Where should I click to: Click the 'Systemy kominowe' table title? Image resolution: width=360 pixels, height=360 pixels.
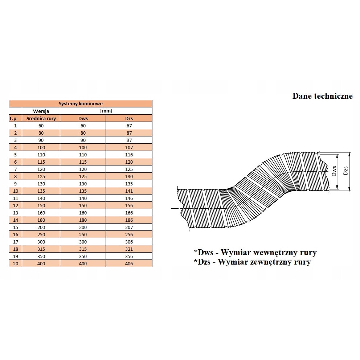click(x=81, y=103)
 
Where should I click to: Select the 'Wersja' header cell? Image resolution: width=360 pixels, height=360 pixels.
click(x=41, y=111)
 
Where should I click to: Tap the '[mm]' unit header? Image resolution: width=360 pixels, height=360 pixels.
click(x=106, y=111)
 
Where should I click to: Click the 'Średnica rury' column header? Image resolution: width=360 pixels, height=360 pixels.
click(x=41, y=118)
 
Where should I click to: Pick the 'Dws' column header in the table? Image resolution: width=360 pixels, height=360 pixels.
click(x=83, y=118)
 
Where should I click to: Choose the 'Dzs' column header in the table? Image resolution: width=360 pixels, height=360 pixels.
click(x=129, y=118)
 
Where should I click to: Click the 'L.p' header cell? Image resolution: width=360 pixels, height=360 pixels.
click(x=13, y=119)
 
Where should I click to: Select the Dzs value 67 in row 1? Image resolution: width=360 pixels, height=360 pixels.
click(x=129, y=126)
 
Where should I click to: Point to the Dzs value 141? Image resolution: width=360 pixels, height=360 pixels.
click(x=129, y=191)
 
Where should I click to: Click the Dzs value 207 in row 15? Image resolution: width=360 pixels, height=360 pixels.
click(x=129, y=227)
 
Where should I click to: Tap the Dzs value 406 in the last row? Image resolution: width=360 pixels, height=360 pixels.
click(x=129, y=263)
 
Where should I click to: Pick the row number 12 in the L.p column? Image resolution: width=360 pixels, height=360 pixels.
click(x=15, y=205)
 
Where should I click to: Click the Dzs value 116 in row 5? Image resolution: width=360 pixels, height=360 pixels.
click(x=129, y=155)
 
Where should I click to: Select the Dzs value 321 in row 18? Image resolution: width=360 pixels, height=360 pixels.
click(x=129, y=249)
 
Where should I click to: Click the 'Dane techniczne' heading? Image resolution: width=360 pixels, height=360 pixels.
click(x=322, y=96)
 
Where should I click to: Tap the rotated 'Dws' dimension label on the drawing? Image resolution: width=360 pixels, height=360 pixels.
click(x=334, y=171)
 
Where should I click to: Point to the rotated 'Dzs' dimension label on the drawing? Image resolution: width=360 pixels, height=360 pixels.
click(x=345, y=171)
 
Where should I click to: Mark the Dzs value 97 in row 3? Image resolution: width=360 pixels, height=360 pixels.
click(x=129, y=140)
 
